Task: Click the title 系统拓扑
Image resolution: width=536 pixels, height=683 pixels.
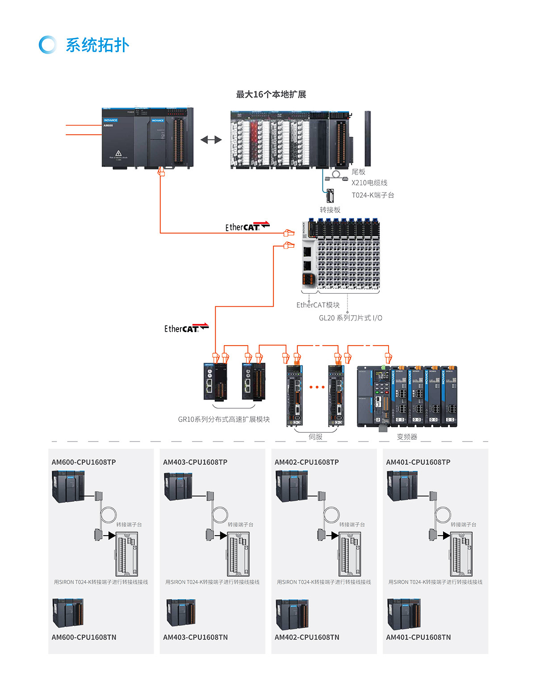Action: [x=97, y=45]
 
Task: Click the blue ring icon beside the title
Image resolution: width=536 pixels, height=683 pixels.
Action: [x=48, y=45]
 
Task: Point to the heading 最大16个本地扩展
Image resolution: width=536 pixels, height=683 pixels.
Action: [x=271, y=94]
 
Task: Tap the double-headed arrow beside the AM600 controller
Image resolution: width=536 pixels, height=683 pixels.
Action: [x=211, y=140]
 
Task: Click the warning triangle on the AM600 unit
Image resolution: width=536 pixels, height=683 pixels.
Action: [x=118, y=153]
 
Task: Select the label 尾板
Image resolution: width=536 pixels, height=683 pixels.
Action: [x=358, y=172]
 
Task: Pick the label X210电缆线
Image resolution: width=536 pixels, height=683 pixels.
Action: [x=369, y=183]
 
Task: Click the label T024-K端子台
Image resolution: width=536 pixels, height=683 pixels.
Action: [x=373, y=195]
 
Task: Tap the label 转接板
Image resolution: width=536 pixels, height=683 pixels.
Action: [x=330, y=210]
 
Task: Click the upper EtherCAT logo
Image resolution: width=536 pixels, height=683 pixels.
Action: [x=247, y=226]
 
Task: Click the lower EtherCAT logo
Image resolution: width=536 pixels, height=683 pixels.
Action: [x=186, y=328]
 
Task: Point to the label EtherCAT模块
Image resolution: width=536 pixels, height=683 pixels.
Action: [x=318, y=305]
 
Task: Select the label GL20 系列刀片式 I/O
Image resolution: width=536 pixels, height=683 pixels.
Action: [x=350, y=318]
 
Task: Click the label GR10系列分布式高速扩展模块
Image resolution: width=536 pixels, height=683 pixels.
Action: [x=224, y=419]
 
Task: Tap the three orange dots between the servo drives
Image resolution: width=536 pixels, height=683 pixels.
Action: [x=317, y=387]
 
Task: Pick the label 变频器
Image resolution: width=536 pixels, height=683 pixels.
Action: [x=407, y=437]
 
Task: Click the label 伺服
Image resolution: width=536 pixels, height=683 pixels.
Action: [x=315, y=437]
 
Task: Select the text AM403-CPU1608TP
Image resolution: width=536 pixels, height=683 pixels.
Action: [x=195, y=462]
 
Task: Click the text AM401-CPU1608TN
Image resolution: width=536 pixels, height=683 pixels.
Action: [x=419, y=637]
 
